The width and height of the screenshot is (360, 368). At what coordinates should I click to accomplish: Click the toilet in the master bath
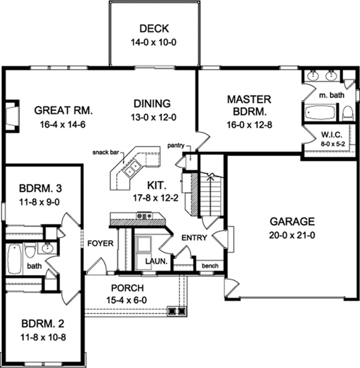(347, 113)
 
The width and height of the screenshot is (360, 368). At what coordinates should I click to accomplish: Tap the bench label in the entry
(210, 265)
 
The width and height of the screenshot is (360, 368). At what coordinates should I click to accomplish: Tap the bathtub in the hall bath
(15, 258)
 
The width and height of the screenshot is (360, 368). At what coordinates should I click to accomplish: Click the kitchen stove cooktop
(143, 216)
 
